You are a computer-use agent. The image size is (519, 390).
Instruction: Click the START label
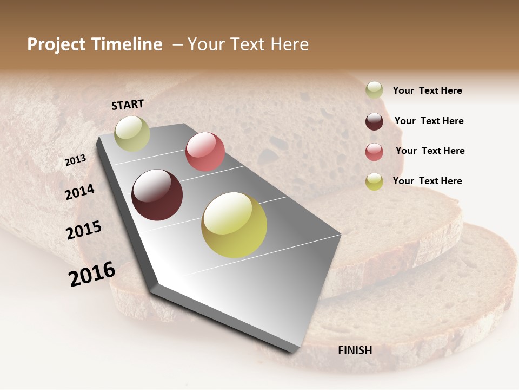point(128,105)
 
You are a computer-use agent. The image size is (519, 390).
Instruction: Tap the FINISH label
point(355,350)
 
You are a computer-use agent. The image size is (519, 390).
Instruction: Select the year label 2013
point(75,160)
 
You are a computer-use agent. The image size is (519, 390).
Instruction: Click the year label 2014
point(80,192)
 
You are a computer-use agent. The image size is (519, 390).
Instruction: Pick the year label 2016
point(92,274)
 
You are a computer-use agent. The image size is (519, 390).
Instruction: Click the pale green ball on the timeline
point(132,133)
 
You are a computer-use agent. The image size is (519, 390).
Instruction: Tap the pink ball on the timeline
point(205,152)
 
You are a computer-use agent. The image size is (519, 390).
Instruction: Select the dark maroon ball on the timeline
point(157,195)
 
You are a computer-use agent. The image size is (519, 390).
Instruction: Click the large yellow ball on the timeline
point(234,225)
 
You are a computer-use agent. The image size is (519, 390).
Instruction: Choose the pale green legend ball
point(374,90)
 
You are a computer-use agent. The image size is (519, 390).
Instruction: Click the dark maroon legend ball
point(374,121)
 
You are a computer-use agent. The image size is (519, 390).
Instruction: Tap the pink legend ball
point(374,152)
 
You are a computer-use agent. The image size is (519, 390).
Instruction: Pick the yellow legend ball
point(374,181)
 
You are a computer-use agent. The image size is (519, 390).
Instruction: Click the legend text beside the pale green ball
point(427,90)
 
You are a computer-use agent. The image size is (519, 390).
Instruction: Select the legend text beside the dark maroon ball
point(429,121)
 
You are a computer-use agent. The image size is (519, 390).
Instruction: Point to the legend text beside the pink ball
point(430,151)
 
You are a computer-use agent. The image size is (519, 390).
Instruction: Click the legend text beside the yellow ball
point(427,181)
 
